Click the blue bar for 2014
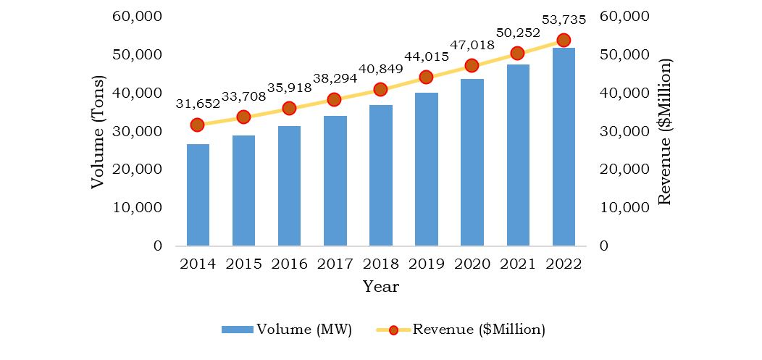(198, 195)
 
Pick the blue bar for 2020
(472, 162)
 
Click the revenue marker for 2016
(289, 108)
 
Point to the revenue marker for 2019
(426, 77)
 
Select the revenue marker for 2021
(517, 53)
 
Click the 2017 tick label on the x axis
(335, 264)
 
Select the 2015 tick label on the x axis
(243, 264)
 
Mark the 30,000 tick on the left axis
(138, 131)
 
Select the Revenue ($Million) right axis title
(665, 132)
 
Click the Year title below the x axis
(380, 287)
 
